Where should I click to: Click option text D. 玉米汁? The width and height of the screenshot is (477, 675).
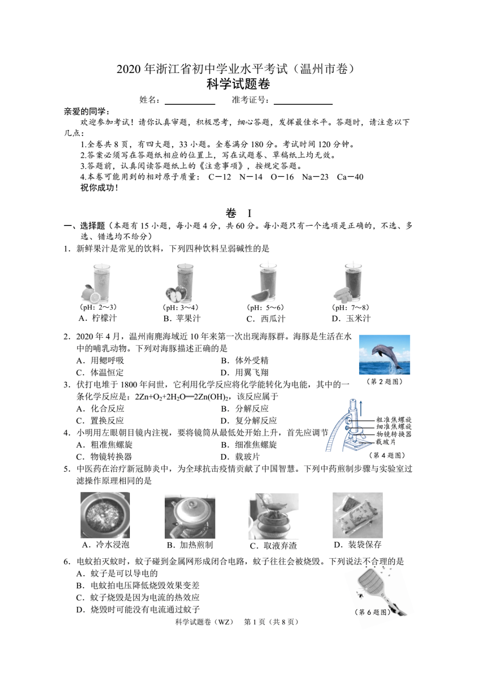(x=351, y=319)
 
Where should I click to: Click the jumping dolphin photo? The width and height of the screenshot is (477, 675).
(x=384, y=355)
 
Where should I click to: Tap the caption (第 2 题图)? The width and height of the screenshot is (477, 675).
(x=385, y=381)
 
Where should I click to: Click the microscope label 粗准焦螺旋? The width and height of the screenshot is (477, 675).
(x=394, y=419)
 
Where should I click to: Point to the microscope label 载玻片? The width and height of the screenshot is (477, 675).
(x=386, y=442)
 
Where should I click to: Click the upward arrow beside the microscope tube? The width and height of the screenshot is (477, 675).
(x=361, y=408)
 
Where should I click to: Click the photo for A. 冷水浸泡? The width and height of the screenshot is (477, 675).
(x=105, y=515)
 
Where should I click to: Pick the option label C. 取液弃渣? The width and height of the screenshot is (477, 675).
(x=273, y=546)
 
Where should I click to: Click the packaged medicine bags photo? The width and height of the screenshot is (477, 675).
(x=358, y=515)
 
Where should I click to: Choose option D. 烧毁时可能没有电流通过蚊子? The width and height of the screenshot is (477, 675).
(x=138, y=610)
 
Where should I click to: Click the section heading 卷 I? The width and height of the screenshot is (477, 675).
(x=238, y=213)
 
